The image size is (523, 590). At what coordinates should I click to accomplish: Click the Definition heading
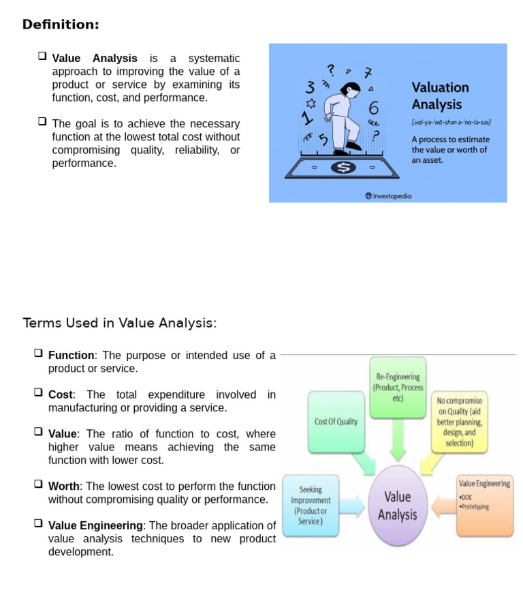(x=61, y=25)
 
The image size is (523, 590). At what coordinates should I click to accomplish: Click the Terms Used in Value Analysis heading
(x=120, y=323)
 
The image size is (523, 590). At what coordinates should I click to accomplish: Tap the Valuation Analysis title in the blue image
(x=440, y=96)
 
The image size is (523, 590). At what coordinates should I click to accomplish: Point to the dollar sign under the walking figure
(x=343, y=167)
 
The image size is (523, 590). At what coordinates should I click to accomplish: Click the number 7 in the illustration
(x=368, y=73)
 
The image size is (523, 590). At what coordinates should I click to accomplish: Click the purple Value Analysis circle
(x=397, y=506)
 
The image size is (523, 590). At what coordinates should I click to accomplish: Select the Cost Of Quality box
(x=336, y=422)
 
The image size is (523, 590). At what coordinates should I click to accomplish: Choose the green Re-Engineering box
(x=397, y=386)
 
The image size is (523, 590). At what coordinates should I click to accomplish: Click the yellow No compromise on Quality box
(x=460, y=422)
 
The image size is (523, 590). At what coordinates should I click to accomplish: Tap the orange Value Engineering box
(x=484, y=505)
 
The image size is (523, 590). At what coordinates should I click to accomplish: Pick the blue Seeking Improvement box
(x=310, y=505)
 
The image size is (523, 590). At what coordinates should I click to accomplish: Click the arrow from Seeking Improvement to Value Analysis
(x=351, y=506)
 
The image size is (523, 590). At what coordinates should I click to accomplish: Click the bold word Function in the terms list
(x=71, y=356)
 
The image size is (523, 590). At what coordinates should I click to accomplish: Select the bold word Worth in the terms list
(x=63, y=486)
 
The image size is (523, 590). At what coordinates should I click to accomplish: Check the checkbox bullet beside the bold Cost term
(x=38, y=393)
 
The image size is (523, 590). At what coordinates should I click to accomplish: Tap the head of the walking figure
(x=352, y=89)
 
